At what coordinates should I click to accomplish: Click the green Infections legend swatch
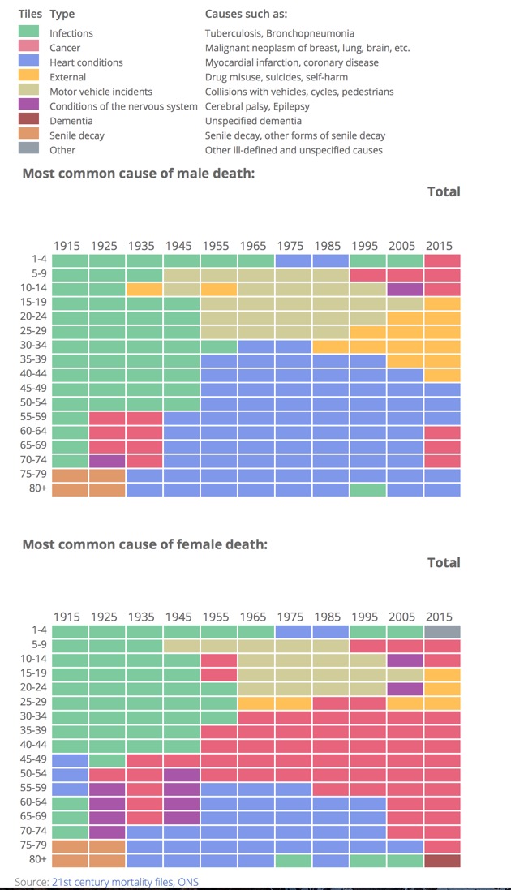(29, 33)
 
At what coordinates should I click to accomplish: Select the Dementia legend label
(71, 121)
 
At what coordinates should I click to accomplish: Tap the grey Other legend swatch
(29, 150)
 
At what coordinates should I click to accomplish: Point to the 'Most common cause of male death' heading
(139, 173)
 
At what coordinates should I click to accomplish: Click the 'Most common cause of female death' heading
(144, 544)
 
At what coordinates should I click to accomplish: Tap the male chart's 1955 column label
(215, 246)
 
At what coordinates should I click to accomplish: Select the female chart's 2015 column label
(439, 617)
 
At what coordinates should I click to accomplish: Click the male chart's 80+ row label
(36, 489)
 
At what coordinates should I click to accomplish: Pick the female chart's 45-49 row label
(34, 759)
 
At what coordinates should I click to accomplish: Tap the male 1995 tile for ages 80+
(367, 489)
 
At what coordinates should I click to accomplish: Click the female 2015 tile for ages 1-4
(442, 631)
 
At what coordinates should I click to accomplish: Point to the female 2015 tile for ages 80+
(442, 860)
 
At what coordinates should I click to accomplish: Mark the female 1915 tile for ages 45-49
(70, 759)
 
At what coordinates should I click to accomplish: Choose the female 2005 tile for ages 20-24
(405, 689)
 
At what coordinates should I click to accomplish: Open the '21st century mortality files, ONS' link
(125, 882)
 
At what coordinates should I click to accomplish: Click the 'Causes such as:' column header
(246, 15)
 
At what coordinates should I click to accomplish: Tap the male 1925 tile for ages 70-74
(107, 461)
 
